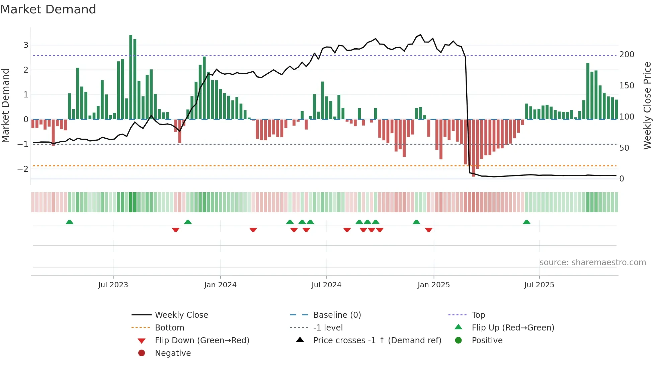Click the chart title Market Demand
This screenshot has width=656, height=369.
click(48, 9)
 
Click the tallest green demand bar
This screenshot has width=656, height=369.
click(131, 77)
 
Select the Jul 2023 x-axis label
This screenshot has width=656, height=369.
click(113, 285)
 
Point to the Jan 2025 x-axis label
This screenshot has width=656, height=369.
click(433, 285)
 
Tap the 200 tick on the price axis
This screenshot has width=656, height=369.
click(627, 55)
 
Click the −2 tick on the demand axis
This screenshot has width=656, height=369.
click(23, 169)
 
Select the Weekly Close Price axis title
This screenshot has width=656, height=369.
click(647, 105)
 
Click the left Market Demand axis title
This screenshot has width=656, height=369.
click(5, 105)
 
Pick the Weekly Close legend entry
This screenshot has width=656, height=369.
click(181, 315)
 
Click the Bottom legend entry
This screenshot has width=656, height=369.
click(169, 328)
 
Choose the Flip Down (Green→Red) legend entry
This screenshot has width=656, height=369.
click(202, 341)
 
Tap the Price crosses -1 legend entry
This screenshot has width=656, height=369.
click(377, 341)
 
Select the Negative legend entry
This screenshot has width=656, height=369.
click(173, 353)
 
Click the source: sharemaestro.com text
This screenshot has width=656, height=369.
click(592, 263)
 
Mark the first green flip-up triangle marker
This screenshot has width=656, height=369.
click(69, 222)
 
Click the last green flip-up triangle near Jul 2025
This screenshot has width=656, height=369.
click(526, 222)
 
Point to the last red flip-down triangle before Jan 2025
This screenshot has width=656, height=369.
click(429, 230)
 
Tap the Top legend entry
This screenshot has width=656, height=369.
click(478, 315)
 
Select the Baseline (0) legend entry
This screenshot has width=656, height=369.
click(337, 315)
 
